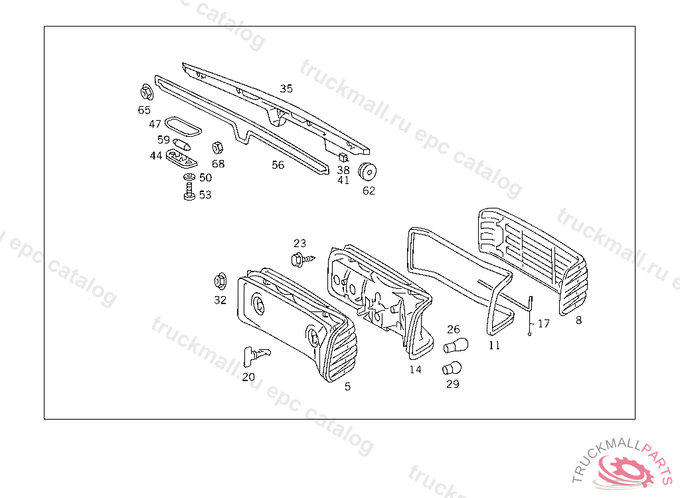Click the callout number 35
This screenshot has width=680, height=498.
[286, 88]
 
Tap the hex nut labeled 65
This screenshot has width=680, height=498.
[147, 92]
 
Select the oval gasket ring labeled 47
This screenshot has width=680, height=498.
[183, 125]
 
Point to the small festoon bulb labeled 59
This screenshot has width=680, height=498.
[181, 145]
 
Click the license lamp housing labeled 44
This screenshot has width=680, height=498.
[182, 158]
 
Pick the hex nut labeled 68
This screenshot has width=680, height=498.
[217, 147]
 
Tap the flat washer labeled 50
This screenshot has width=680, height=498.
[189, 177]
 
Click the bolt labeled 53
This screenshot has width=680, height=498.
[189, 191]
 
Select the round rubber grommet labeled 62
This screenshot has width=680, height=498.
[367, 172]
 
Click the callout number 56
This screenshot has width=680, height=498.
[278, 165]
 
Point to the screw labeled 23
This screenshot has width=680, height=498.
[303, 260]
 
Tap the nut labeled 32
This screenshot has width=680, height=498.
[220, 281]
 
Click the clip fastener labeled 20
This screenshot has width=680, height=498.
[256, 356]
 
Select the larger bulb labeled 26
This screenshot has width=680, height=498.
[456, 346]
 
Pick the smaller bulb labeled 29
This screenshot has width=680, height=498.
[452, 369]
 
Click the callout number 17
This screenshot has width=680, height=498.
[544, 323]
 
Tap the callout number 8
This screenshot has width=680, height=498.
[578, 321]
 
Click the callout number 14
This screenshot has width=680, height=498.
[416, 370]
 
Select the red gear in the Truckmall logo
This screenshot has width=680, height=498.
[626, 471]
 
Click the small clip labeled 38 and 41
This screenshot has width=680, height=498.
[343, 157]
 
